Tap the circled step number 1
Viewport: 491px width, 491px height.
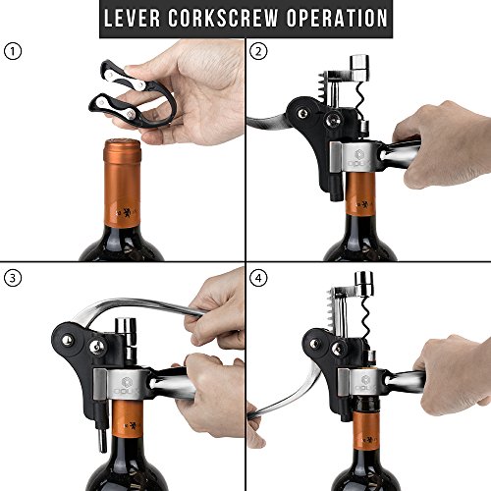click(x=13, y=52)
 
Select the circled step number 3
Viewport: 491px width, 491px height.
click(x=13, y=278)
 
